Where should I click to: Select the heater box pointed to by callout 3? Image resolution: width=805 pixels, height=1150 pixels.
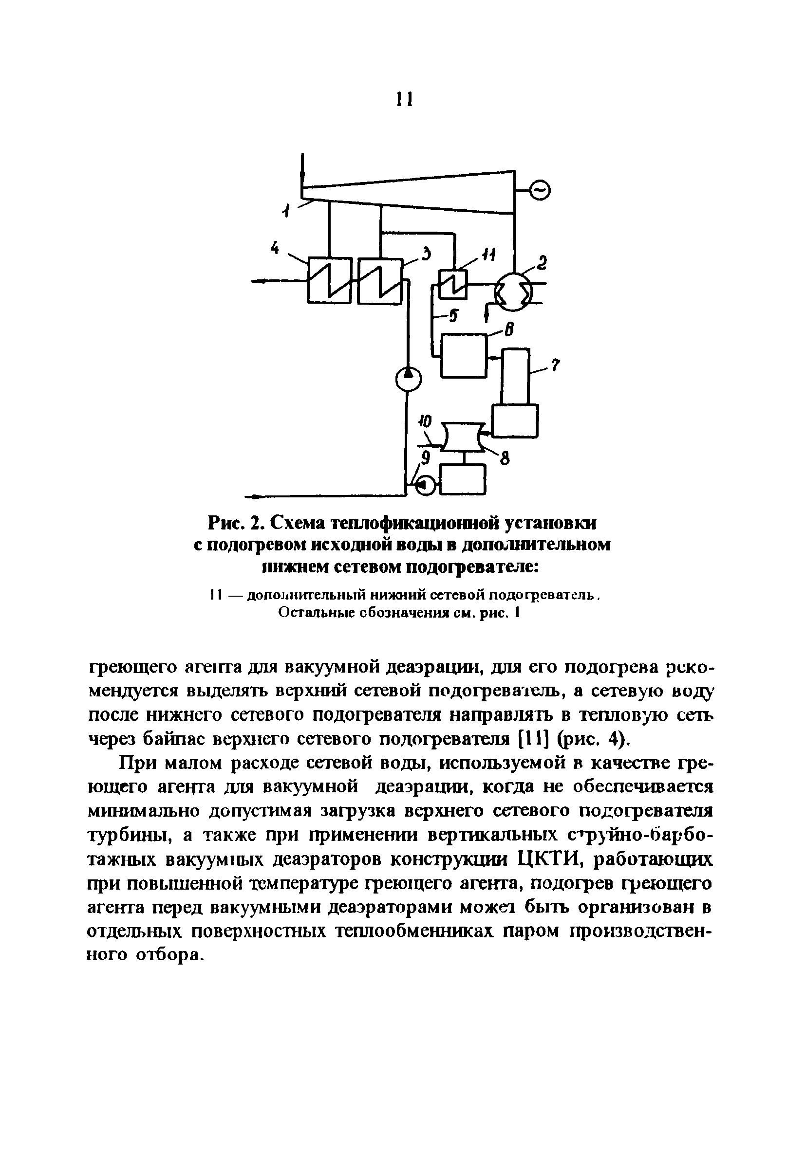(380, 280)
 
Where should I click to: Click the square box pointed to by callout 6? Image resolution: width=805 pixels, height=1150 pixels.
(464, 355)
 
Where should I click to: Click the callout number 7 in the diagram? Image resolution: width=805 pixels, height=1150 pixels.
(554, 366)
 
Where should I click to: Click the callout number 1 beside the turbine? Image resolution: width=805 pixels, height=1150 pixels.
(286, 212)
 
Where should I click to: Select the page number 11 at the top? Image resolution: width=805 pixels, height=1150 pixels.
(403, 99)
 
